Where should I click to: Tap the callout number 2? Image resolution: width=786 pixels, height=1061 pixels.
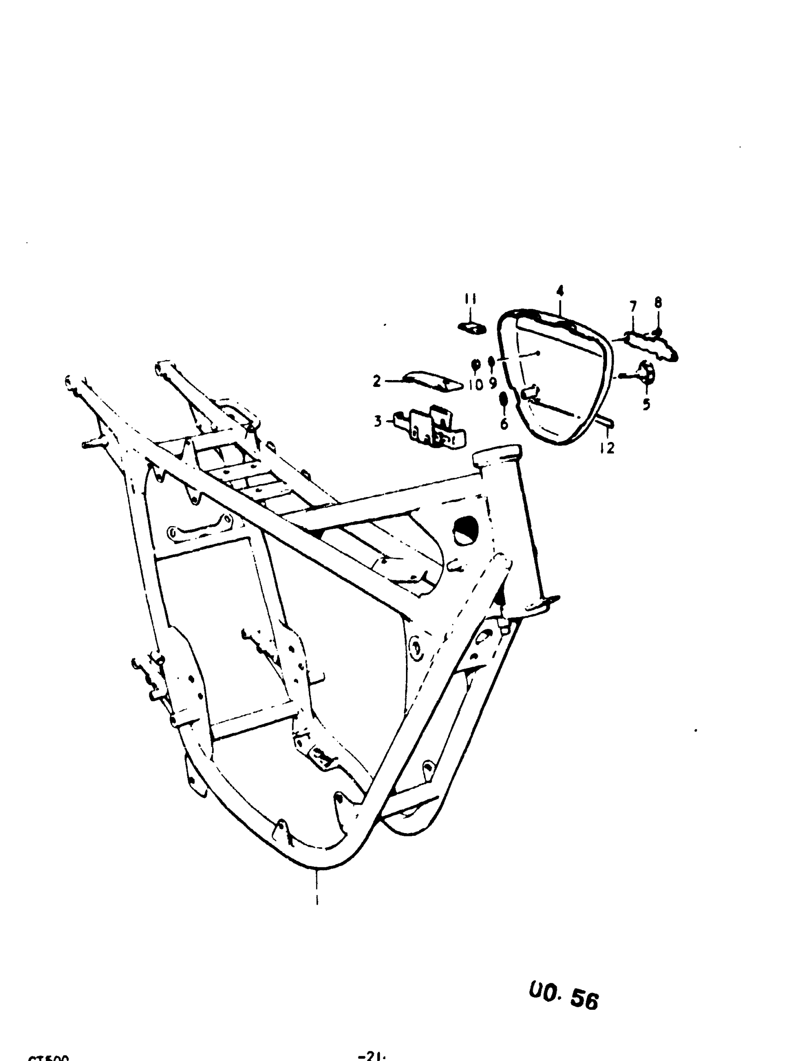coord(377,380)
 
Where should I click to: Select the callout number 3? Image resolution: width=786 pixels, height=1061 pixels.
coord(378,421)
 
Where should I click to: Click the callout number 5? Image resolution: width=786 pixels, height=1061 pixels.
coord(646,405)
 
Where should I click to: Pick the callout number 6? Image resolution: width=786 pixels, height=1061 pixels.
coord(504,423)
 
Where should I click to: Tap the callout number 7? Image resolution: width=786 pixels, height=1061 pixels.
coord(633,307)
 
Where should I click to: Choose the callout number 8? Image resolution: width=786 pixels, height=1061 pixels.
coord(658,303)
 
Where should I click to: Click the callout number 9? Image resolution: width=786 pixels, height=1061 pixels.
coord(492,383)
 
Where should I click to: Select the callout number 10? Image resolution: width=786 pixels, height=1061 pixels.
coord(476,384)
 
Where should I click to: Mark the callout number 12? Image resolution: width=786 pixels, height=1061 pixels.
coord(607,448)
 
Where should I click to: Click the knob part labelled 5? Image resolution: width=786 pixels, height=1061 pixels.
coord(645,372)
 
